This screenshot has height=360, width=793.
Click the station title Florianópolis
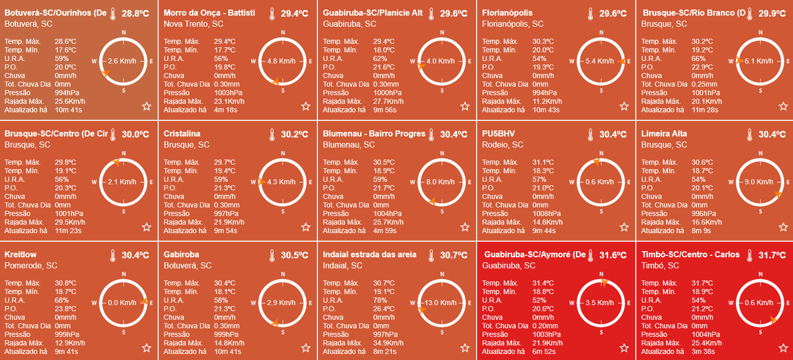[507, 13]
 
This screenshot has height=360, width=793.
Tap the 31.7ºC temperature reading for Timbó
[772, 255]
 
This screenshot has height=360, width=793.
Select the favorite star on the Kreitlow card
[147, 348]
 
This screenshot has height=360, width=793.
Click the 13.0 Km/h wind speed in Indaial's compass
[440, 303]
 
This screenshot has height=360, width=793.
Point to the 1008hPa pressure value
[547, 213]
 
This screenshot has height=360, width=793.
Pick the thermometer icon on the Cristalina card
[272, 134]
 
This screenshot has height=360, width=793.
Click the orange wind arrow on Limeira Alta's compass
[778, 194]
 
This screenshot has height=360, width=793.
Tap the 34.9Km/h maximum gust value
[388, 343]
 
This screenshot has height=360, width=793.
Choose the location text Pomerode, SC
[31, 265]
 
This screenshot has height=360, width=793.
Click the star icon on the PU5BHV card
[624, 227]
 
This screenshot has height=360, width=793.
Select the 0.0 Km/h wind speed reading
[122, 303]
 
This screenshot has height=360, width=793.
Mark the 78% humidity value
[380, 300]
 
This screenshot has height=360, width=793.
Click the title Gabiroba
[181, 255]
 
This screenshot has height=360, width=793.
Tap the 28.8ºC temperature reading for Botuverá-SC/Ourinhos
[135, 14]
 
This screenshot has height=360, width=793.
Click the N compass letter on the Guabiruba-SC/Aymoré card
[601, 274]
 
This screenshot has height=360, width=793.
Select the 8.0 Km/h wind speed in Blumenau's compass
[440, 182]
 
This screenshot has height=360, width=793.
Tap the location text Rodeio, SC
[502, 145]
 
